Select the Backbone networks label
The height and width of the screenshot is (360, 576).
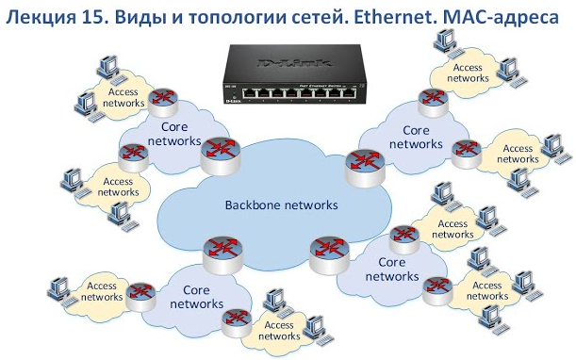tap(280, 205)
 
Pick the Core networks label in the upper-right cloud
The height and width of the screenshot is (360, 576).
tap(416, 138)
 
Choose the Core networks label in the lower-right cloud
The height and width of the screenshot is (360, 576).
tap(391, 269)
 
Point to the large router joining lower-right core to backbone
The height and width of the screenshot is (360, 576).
tap(327, 250)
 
